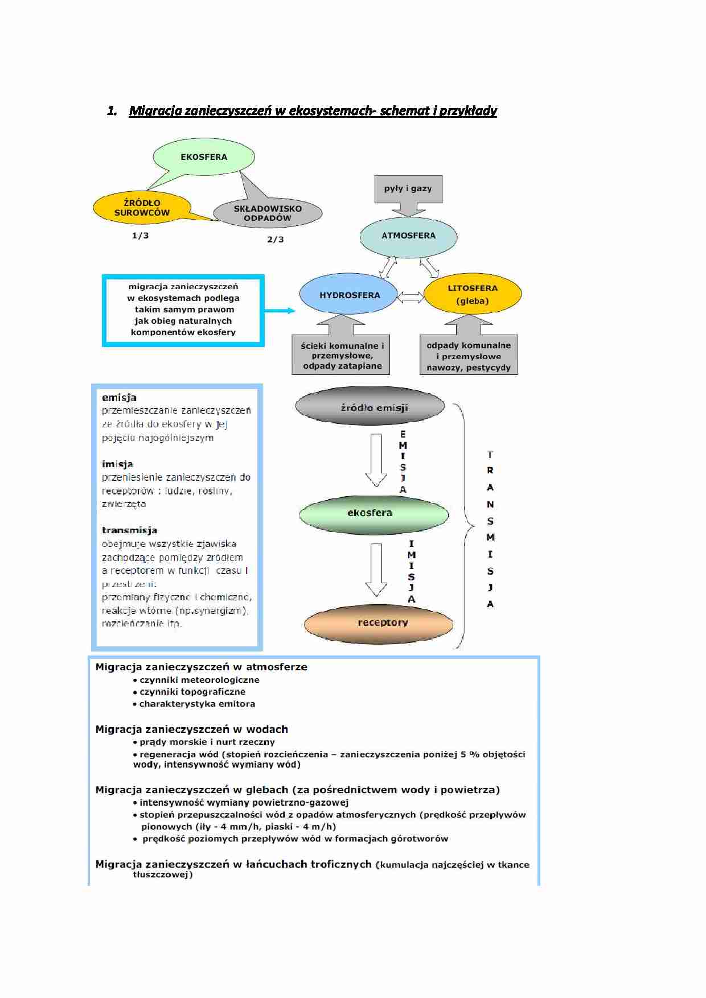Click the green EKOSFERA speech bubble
(x=204, y=156)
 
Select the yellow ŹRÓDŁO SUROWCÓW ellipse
(x=142, y=208)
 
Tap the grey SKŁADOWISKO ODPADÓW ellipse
(x=268, y=213)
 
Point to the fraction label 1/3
(x=140, y=236)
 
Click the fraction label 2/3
(x=276, y=240)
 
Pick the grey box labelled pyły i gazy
(x=408, y=189)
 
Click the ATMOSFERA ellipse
(x=408, y=236)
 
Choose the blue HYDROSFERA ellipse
(x=348, y=295)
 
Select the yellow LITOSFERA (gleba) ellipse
(x=473, y=294)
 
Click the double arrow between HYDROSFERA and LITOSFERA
(x=411, y=297)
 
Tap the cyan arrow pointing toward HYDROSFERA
(x=280, y=311)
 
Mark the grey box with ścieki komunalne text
(x=342, y=355)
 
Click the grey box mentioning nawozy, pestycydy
(x=469, y=356)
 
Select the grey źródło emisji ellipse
(x=370, y=407)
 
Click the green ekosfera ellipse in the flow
(x=373, y=513)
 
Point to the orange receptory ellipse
(x=379, y=623)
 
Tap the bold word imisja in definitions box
(x=117, y=464)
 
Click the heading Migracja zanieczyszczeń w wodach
(x=191, y=729)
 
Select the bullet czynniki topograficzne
(x=192, y=692)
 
